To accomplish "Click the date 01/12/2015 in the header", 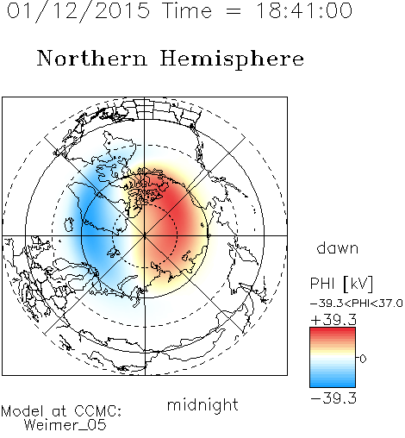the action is tap(78, 11).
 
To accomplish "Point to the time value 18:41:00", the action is tap(303, 10).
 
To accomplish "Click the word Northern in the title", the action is tap(92, 58).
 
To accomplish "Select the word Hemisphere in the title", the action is tap(232, 59).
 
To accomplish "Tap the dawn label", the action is tap(338, 247).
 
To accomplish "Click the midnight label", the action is tap(202, 404).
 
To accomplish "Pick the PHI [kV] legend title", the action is tap(341, 284).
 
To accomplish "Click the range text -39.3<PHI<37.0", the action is tap(357, 303).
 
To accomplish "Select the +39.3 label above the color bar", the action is tap(333, 320).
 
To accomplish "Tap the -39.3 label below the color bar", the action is tap(333, 398).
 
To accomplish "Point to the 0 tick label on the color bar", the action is tap(363, 359).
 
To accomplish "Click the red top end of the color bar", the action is tap(333, 330).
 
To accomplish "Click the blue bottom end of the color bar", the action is tap(333, 385).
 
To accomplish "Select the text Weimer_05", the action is tap(65, 425).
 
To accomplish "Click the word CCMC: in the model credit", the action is tap(97, 411).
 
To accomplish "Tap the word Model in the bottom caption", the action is tap(22, 411).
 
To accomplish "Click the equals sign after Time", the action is tap(234, 11).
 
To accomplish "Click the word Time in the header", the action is tap(187, 10).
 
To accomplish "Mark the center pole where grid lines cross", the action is tap(145, 235).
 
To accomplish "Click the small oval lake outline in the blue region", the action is tap(69, 225).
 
